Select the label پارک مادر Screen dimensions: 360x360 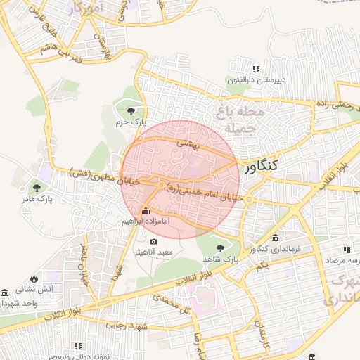click(37, 199)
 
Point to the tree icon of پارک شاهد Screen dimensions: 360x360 click(221, 247)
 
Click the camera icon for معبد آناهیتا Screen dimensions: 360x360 click(154, 242)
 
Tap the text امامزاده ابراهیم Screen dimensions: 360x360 click(146, 221)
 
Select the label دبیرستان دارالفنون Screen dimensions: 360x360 click(256, 79)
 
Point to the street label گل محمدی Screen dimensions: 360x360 click(176, 304)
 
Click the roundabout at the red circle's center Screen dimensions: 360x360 click(162, 186)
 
